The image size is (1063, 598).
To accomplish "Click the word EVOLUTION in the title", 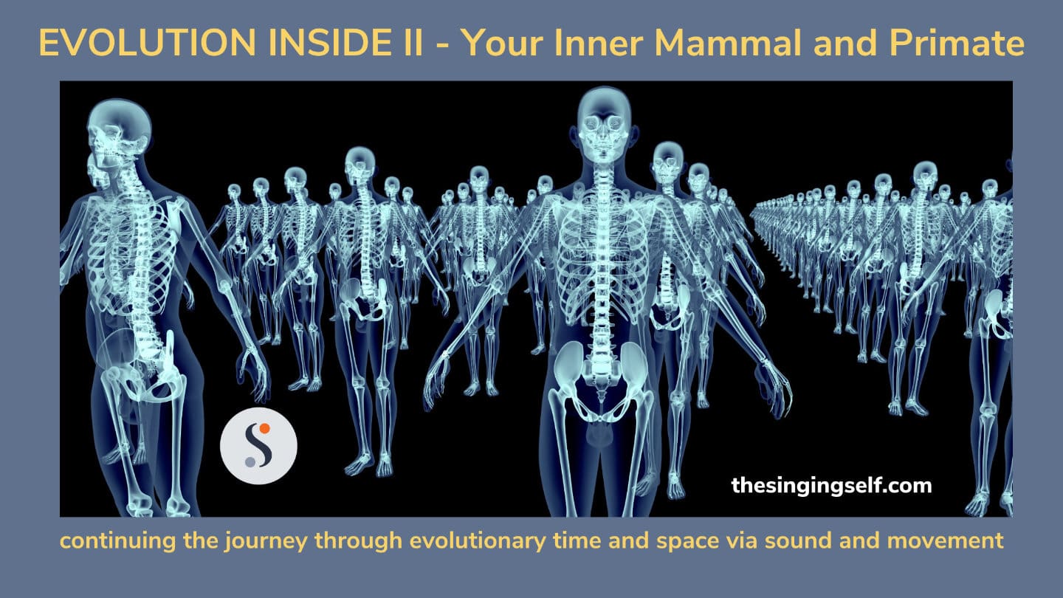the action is pyautogui.click(x=148, y=44).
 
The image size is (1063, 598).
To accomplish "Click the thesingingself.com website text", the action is pyautogui.click(x=831, y=486).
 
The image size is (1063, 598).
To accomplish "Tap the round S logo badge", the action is pyautogui.click(x=258, y=446).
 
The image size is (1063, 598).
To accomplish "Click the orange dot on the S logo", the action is pyautogui.click(x=265, y=428).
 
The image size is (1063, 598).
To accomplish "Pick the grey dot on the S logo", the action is pyautogui.click(x=250, y=461).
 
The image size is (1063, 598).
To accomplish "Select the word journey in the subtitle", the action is pyautogui.click(x=266, y=542).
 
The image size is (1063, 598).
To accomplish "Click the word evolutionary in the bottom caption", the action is pyautogui.click(x=478, y=542).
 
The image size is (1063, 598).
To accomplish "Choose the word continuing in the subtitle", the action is pyautogui.click(x=117, y=542).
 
